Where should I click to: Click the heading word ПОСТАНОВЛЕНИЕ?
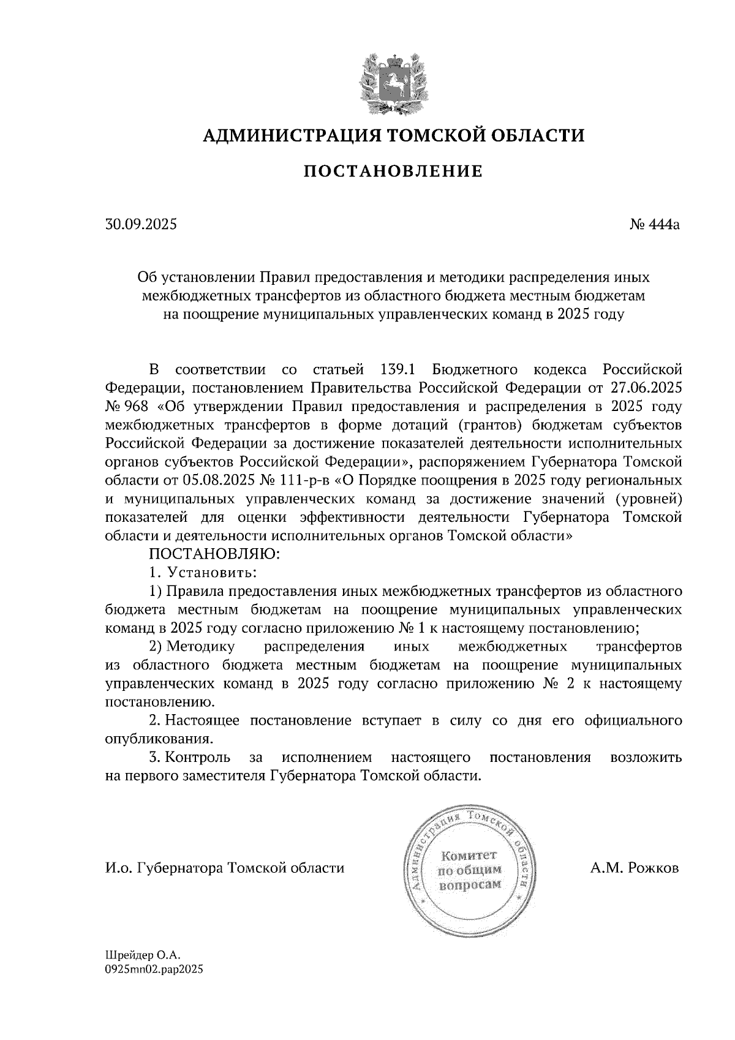393,172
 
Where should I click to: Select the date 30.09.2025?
140,225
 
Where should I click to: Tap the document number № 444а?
654,225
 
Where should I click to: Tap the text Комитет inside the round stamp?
470,855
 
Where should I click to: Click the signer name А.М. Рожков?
635,869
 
